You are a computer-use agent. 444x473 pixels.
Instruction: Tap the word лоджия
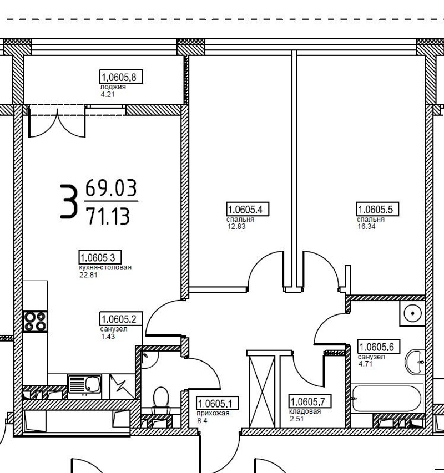[113, 87]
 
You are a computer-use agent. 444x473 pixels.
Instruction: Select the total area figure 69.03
[111, 188]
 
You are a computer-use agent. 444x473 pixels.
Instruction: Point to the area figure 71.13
[108, 216]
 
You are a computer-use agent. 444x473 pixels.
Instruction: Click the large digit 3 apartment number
[68, 201]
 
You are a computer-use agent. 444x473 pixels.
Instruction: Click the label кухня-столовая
[105, 267]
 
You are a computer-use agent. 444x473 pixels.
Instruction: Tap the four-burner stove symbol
[35, 322]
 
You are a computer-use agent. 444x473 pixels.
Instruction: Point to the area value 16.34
[366, 226]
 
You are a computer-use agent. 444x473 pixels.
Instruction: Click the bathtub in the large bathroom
[387, 399]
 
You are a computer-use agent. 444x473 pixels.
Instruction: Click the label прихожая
[213, 413]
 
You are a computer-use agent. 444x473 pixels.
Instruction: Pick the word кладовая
[305, 411]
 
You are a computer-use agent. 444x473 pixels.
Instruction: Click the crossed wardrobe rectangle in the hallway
[263, 391]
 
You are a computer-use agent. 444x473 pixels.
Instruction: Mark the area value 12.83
[236, 226]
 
